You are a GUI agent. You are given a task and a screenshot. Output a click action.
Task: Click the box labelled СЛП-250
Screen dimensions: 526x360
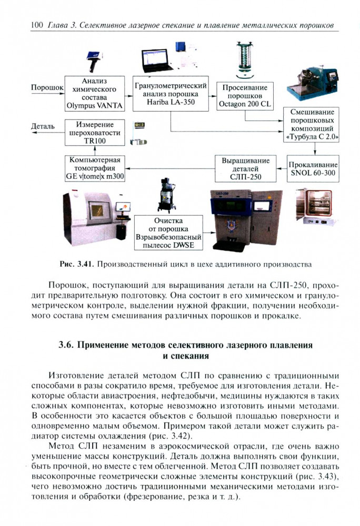[245, 169]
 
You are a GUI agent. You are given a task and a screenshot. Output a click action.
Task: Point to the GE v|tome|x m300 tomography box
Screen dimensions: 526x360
[95, 168]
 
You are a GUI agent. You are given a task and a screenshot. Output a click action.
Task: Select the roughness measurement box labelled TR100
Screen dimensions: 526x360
[95, 132]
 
